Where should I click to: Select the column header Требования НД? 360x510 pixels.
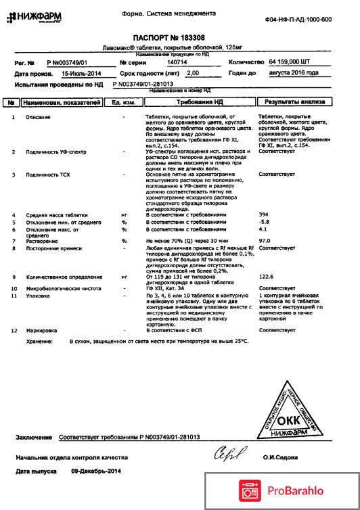[200, 103]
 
